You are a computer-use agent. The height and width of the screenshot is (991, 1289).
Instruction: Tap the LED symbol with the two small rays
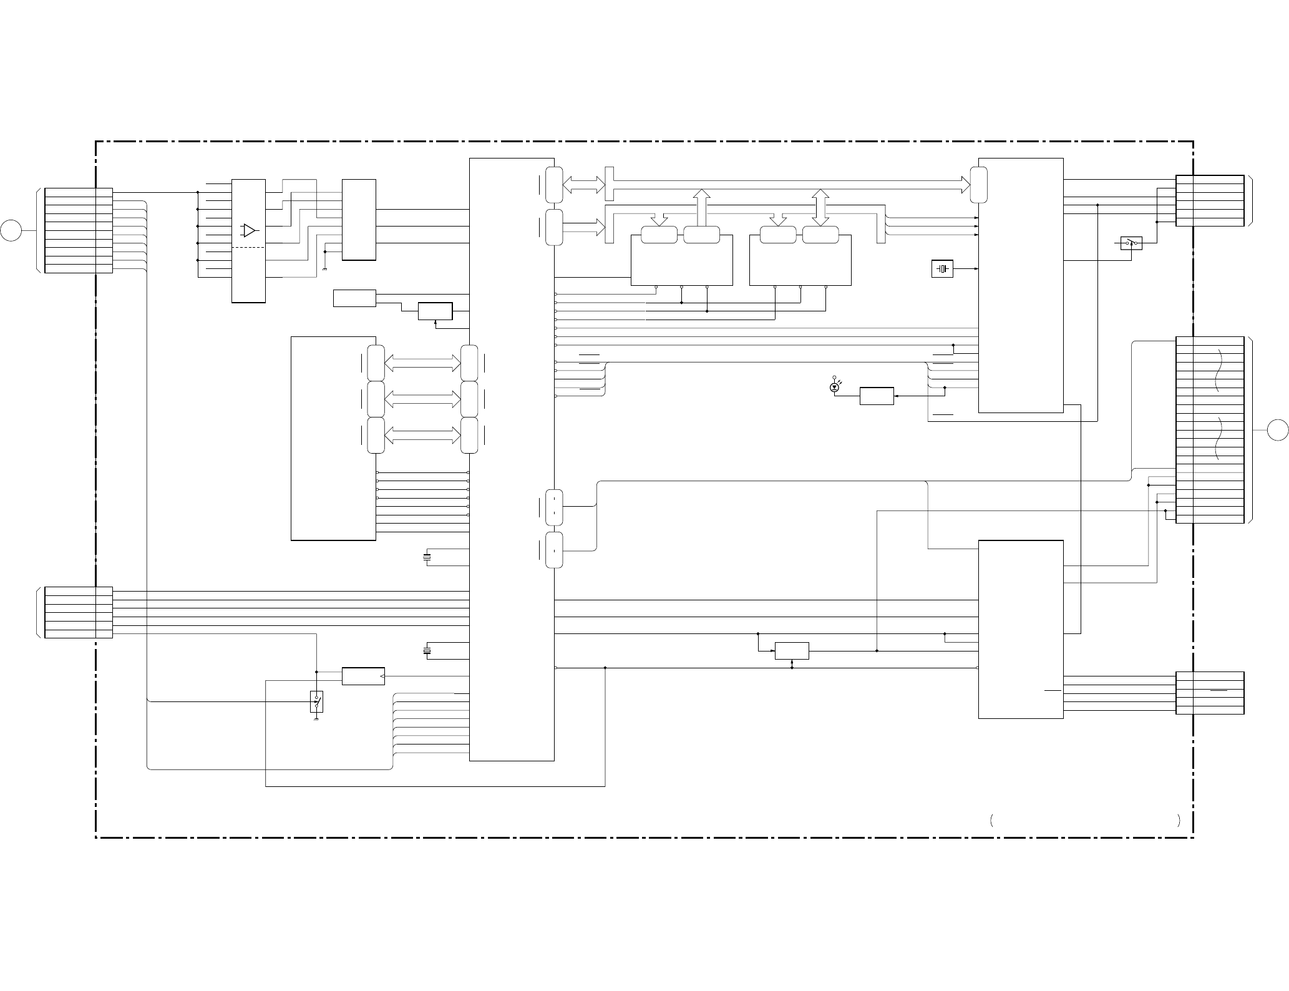(834, 388)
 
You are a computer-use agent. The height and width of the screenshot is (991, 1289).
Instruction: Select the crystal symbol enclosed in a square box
(942, 269)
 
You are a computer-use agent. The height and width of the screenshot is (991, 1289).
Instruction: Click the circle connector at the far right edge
(1278, 430)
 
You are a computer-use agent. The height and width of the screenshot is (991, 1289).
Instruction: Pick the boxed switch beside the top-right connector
(1131, 243)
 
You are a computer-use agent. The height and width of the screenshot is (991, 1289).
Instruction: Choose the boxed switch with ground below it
(316, 702)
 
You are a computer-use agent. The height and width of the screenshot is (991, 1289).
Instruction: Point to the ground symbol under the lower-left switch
(316, 719)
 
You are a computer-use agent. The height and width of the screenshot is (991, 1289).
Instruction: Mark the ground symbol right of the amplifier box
(325, 269)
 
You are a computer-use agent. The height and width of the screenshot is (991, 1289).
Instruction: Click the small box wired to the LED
(876, 396)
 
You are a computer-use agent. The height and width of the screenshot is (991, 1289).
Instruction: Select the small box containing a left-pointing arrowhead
(363, 676)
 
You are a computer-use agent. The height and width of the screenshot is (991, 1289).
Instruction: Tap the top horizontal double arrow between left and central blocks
(422, 363)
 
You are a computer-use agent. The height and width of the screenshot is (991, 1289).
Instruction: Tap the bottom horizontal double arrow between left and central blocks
(422, 436)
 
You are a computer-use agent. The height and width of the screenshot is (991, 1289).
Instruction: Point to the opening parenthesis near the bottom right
(991, 821)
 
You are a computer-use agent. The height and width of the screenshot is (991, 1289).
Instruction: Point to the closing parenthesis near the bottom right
(1177, 821)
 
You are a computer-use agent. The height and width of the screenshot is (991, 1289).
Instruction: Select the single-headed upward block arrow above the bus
(701, 207)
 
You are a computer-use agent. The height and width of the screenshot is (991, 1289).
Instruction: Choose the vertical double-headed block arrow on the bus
(820, 207)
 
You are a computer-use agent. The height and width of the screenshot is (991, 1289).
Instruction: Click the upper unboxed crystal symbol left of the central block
(427, 557)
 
